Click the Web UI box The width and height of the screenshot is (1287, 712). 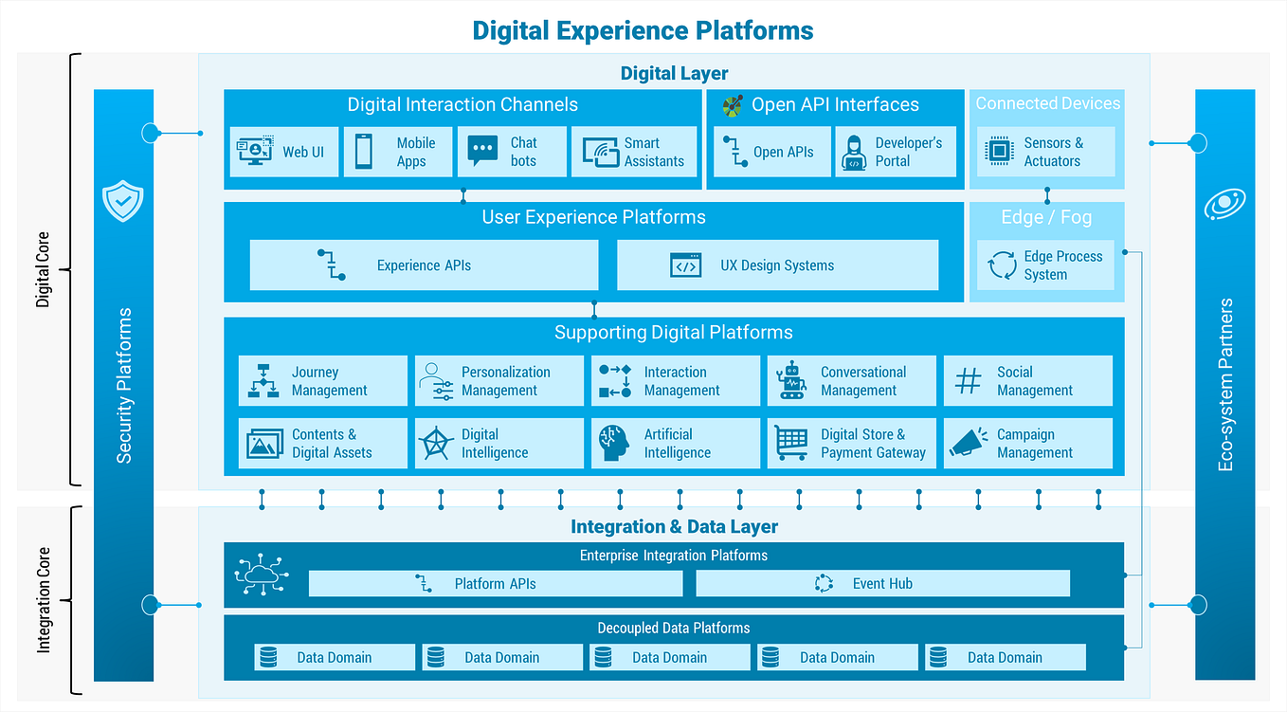[x=284, y=152]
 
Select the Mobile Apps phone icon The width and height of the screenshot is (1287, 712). [x=364, y=152]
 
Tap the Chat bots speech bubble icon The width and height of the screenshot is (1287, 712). [x=482, y=151]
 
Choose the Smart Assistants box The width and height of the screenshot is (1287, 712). [x=634, y=152]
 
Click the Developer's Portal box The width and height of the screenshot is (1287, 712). [x=896, y=152]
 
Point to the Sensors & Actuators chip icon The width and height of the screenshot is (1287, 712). [x=999, y=152]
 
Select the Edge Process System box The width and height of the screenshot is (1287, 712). [x=1045, y=265]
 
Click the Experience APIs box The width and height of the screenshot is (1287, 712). [x=424, y=265]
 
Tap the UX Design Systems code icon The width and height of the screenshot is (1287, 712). [x=685, y=265]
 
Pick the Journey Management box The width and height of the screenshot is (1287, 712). [x=322, y=381]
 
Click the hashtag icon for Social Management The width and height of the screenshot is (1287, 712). [x=968, y=381]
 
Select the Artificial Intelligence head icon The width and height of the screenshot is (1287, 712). [x=614, y=443]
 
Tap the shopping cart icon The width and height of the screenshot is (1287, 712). [x=790, y=443]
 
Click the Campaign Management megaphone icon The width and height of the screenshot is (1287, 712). [x=968, y=443]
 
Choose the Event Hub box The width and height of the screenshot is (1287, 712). [x=882, y=584]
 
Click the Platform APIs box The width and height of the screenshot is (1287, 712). [x=495, y=584]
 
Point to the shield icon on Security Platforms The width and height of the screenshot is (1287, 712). [x=123, y=201]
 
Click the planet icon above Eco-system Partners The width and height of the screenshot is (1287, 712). [x=1224, y=204]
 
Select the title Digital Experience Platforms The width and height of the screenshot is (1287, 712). [x=643, y=30]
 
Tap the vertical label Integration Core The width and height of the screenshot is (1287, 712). [x=44, y=599]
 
